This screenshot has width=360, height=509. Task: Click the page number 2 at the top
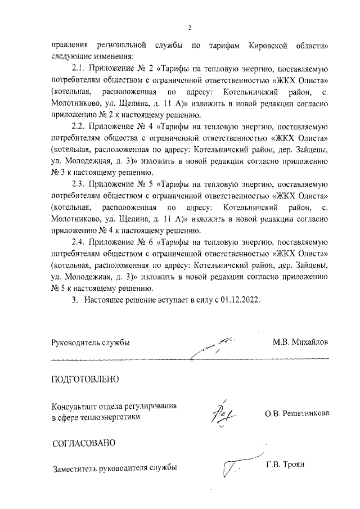tap(190, 28)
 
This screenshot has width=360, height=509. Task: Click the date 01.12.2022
tap(241, 300)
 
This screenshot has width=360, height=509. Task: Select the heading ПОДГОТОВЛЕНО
tap(85, 379)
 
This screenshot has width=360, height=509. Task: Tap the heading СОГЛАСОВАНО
tap(83, 443)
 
